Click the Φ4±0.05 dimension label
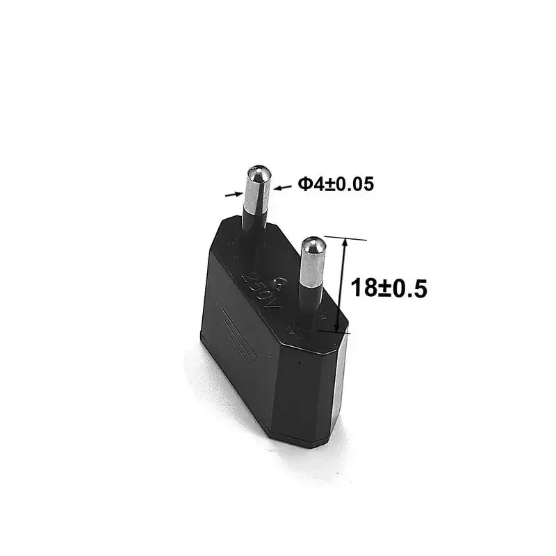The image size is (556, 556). coord(336,184)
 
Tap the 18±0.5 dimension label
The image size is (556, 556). coord(388,288)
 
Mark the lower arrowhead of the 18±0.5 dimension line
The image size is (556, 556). coord(337,328)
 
